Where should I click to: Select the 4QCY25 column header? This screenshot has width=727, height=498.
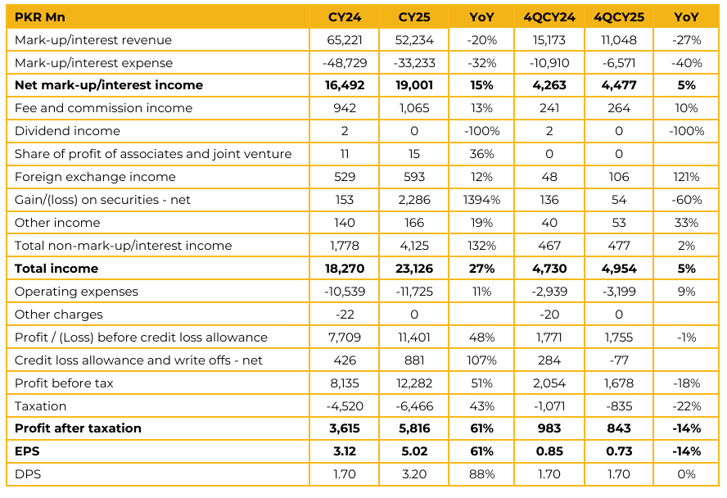(618, 17)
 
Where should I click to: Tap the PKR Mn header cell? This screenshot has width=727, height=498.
(40, 17)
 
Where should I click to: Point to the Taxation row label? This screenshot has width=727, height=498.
(41, 406)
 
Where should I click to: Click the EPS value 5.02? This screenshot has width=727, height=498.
(413, 451)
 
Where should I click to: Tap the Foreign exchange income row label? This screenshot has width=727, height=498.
(95, 177)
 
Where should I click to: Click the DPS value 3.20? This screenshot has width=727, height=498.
(413, 474)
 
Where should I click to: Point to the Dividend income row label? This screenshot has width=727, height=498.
(67, 131)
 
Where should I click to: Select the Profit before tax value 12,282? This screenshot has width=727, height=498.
(413, 383)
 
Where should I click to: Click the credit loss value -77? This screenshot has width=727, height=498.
(618, 360)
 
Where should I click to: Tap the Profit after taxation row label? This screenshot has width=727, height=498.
(78, 428)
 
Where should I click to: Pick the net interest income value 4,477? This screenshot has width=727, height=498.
(618, 85)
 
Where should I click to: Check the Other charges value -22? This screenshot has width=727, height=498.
(345, 315)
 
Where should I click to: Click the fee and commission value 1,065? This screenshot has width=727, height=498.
(413, 108)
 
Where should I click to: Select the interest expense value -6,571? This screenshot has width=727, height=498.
(618, 63)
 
